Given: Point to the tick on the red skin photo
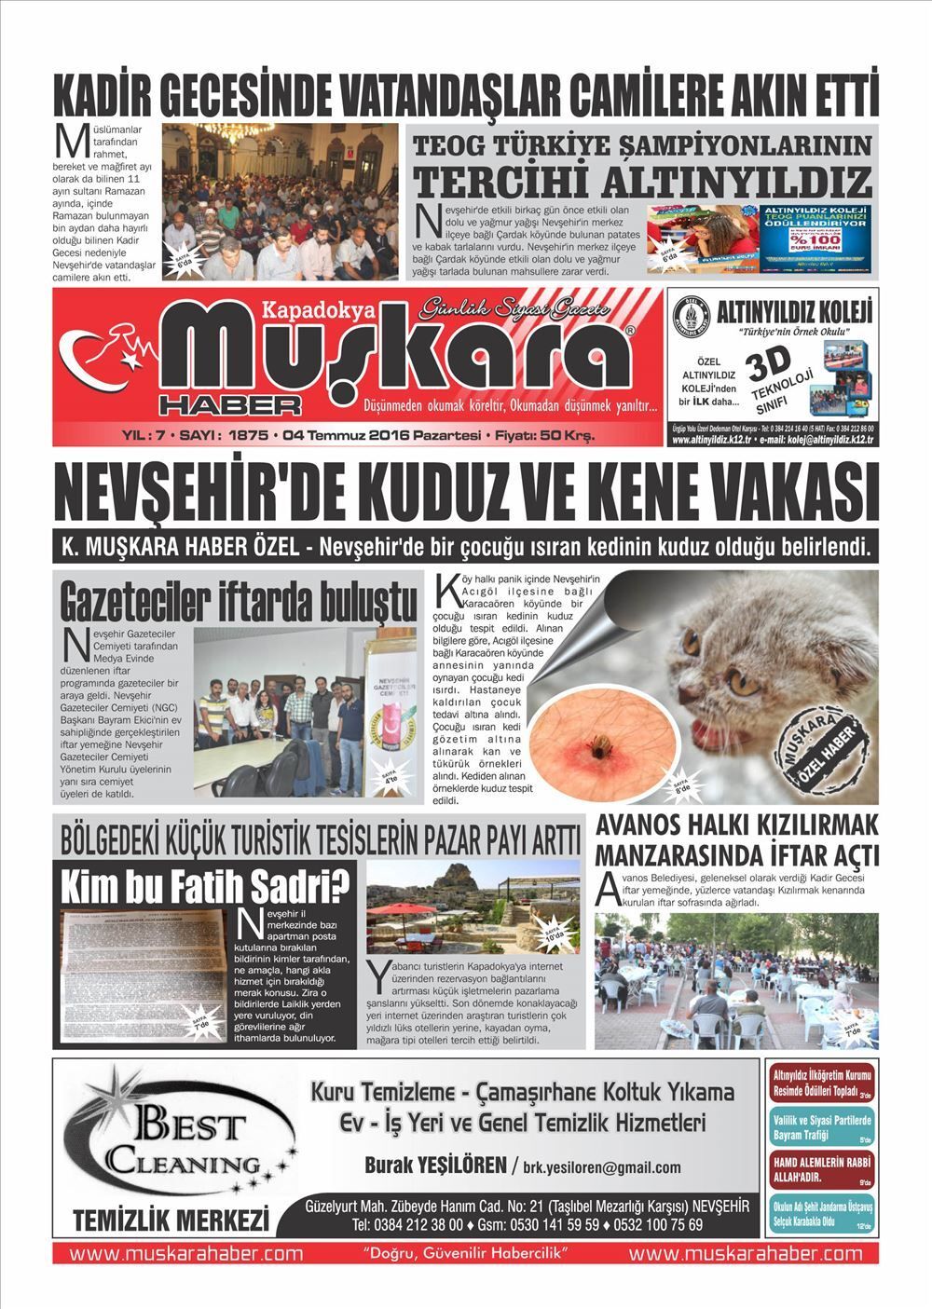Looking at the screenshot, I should point(592,743).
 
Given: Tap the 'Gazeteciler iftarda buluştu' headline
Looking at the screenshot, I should point(238,602).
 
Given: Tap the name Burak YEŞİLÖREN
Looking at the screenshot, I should point(433,1166).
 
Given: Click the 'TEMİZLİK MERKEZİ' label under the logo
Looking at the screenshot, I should point(171,1220).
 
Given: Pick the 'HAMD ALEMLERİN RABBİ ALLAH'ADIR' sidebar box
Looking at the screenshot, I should point(819,1168).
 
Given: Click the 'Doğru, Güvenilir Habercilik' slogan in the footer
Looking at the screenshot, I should point(466,1253).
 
